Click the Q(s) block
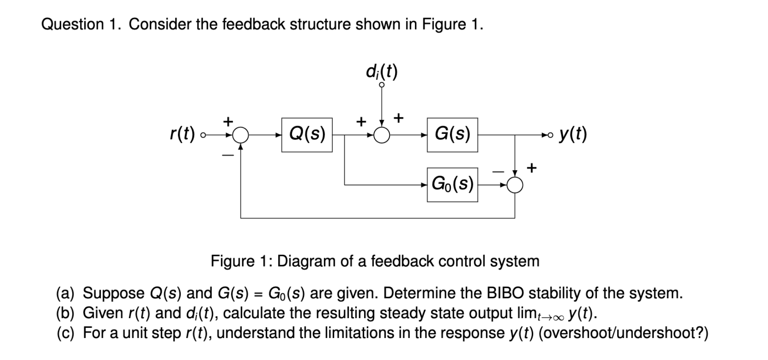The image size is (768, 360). click(x=307, y=135)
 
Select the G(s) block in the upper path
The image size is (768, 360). click(x=452, y=135)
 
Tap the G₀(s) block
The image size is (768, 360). click(x=452, y=185)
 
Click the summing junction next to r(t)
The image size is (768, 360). click(x=241, y=136)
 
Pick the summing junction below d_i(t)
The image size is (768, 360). click(x=382, y=136)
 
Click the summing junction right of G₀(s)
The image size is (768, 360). click(x=515, y=185)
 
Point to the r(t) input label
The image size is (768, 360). click(x=182, y=135)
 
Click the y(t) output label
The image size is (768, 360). click(x=572, y=135)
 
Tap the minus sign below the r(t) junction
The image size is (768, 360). click(x=228, y=155)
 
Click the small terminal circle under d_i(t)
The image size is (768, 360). click(x=382, y=85)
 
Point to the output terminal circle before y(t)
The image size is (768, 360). click(x=550, y=136)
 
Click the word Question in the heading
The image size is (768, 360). click(x=72, y=25)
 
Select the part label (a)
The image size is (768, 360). click(x=65, y=293)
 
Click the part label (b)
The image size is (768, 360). click(x=65, y=313)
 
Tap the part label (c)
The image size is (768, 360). click(x=65, y=333)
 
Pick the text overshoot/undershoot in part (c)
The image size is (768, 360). click(x=619, y=333)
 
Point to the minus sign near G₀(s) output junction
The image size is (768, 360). click(x=498, y=172)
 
